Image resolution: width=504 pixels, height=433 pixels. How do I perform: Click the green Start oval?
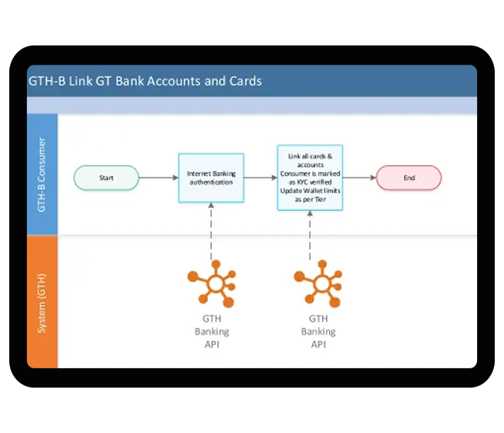point(106,178)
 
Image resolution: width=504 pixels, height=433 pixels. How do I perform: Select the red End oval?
point(408,178)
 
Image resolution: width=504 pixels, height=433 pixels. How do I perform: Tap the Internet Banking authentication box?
point(210,178)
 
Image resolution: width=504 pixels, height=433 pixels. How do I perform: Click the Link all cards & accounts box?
point(310,178)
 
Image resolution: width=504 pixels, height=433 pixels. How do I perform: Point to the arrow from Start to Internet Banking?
point(159,178)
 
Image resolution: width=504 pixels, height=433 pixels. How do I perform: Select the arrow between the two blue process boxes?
point(260,178)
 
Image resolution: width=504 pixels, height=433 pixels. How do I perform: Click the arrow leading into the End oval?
point(359,178)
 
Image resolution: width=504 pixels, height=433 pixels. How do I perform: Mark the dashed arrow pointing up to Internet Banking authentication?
point(211,232)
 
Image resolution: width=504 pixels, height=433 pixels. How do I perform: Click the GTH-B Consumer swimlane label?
point(42,174)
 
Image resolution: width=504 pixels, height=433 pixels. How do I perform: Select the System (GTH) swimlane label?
point(42,301)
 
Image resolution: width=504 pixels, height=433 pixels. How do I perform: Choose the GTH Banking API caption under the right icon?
point(318,331)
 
